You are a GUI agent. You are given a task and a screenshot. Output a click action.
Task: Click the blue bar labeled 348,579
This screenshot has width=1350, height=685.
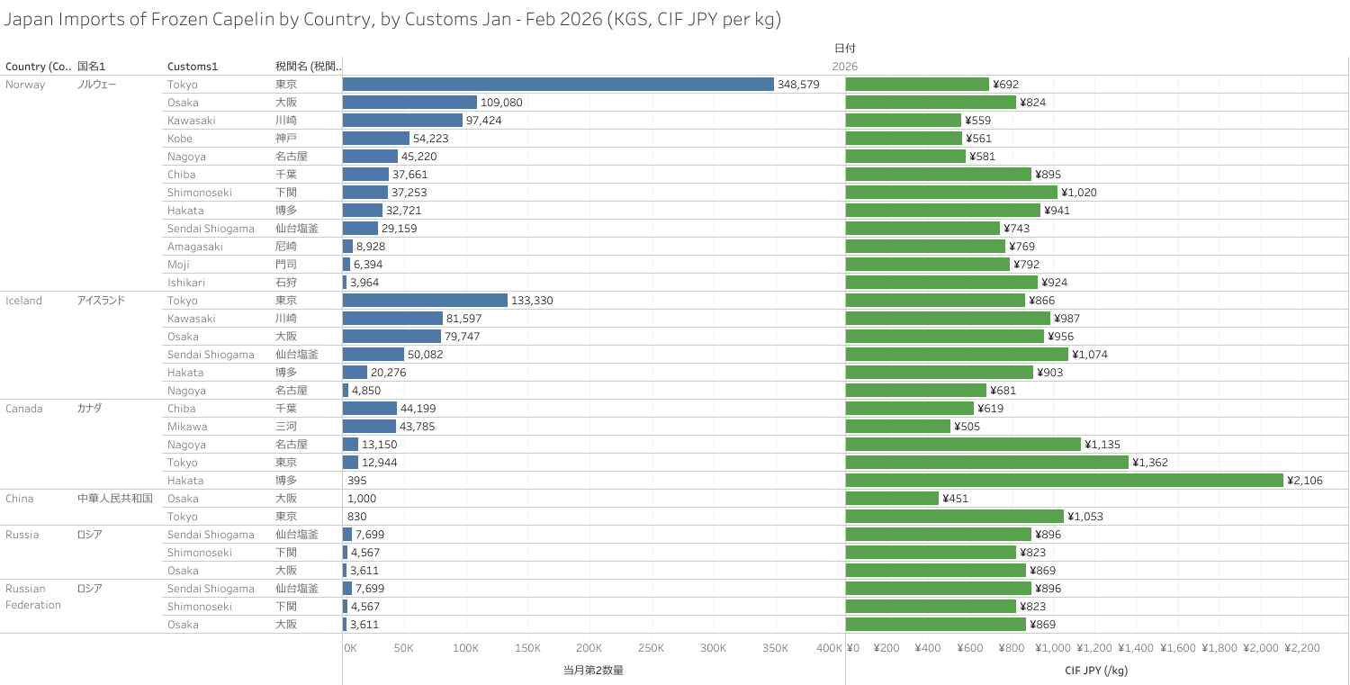pyautogui.click(x=558, y=84)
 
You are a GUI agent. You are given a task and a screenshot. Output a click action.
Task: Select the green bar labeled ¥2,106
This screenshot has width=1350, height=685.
pyautogui.click(x=1064, y=480)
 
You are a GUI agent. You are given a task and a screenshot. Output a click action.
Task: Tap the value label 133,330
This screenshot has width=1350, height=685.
pyautogui.click(x=532, y=301)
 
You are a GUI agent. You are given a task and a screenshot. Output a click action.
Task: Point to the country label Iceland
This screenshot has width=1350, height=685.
pyautogui.click(x=24, y=301)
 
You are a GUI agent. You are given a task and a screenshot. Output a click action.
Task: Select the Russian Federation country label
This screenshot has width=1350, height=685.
pyautogui.click(x=33, y=597)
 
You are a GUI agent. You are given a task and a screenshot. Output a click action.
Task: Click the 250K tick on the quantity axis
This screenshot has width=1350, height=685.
pyautogui.click(x=651, y=648)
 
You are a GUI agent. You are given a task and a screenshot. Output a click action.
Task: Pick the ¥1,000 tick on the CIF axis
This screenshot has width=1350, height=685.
pyautogui.click(x=1053, y=648)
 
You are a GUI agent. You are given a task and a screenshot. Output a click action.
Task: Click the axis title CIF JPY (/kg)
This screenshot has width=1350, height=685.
pyautogui.click(x=1096, y=671)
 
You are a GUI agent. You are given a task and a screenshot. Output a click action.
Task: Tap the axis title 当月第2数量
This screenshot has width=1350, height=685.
pyautogui.click(x=593, y=671)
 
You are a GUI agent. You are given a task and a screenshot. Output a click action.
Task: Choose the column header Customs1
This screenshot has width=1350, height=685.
pyautogui.click(x=193, y=67)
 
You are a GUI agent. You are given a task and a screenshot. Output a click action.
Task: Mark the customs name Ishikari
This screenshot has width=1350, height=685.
pyautogui.click(x=186, y=283)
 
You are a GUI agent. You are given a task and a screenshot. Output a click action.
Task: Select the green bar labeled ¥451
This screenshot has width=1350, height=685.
pyautogui.click(x=892, y=498)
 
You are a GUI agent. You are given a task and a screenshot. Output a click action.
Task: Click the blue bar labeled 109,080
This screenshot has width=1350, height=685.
pyautogui.click(x=409, y=102)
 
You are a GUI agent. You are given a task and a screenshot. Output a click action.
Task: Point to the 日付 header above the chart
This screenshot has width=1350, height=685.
pyautogui.click(x=845, y=48)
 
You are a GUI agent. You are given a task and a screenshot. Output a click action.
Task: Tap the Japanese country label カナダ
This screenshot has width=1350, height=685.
pyautogui.click(x=90, y=409)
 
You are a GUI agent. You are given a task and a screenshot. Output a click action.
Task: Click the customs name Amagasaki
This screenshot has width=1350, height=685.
pyautogui.click(x=195, y=247)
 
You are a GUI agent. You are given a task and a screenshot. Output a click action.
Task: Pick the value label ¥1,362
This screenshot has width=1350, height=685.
pyautogui.click(x=1150, y=463)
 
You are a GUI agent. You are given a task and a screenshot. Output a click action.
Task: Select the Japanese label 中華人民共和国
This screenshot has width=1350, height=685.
pyautogui.click(x=115, y=499)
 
